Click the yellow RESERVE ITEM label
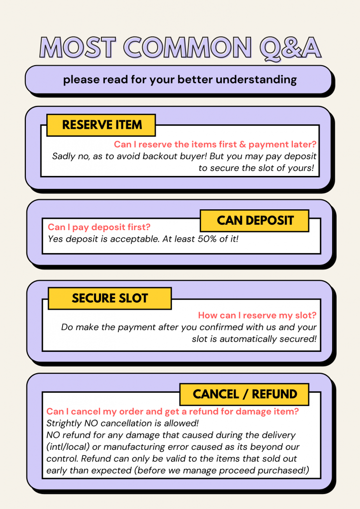(101, 125)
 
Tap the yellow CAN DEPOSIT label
(255, 221)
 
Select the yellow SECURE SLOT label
(110, 298)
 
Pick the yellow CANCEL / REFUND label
(245, 394)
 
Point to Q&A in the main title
(290, 49)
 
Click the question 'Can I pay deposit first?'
(99, 227)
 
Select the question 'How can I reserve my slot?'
(257, 315)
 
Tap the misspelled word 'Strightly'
(64, 424)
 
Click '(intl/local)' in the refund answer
(68, 447)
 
